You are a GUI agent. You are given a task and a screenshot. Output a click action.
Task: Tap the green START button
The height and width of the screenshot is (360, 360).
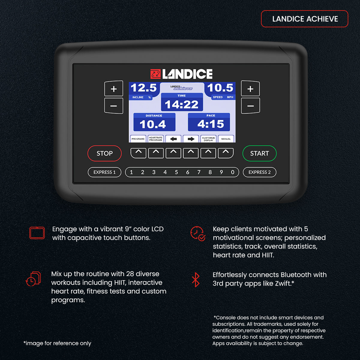[259, 153]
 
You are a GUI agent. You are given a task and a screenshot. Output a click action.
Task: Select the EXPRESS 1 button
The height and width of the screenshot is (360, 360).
[104, 172]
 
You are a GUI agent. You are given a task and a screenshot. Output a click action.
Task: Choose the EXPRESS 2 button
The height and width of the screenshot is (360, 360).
[259, 172]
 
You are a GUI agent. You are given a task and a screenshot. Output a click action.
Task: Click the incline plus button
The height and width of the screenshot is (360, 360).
[114, 88]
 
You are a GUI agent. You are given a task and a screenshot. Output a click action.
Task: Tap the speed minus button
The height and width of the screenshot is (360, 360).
[250, 106]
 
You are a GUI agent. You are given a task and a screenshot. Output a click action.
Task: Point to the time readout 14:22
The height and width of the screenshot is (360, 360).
[181, 104]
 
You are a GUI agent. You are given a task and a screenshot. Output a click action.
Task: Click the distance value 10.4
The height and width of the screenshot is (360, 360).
[153, 124]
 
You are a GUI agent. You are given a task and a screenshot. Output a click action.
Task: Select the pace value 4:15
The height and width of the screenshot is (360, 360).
[211, 124]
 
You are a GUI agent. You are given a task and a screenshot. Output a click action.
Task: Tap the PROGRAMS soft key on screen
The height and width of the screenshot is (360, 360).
[138, 139]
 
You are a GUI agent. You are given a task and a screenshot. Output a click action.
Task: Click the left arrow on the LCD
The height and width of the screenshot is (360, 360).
[173, 139]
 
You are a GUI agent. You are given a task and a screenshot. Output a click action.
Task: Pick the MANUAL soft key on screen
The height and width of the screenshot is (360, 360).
[226, 139]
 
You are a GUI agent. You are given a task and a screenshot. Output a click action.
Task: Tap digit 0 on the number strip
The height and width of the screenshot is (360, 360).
[232, 172]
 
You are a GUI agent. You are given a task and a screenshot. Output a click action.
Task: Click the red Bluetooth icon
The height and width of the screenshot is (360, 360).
[196, 280]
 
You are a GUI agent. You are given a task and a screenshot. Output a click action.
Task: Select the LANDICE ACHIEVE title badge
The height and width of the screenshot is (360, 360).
[304, 19]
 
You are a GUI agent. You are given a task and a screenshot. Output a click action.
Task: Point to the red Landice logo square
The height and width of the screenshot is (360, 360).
[155, 74]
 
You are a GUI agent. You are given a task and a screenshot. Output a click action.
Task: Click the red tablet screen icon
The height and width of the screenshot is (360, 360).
[37, 233]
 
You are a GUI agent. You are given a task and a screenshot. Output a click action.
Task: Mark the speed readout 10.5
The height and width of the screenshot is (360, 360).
[220, 88]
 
